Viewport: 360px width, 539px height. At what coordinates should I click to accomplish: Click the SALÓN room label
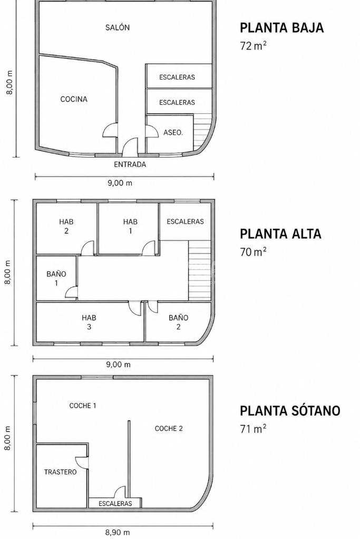(x=117, y=27)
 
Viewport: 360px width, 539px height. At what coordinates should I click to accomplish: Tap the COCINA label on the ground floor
(x=74, y=100)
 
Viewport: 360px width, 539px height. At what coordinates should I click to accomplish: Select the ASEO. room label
(x=173, y=132)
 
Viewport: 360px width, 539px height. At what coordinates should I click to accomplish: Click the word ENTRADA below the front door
(x=130, y=164)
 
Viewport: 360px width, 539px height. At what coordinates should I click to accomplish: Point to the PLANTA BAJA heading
(x=281, y=28)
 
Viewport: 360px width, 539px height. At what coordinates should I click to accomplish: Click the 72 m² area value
(x=254, y=46)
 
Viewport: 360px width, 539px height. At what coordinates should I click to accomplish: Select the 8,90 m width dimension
(x=118, y=533)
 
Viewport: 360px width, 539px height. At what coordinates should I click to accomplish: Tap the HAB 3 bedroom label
(x=89, y=322)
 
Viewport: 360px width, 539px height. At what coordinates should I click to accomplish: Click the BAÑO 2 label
(x=179, y=322)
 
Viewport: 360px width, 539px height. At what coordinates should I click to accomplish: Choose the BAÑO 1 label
(x=56, y=278)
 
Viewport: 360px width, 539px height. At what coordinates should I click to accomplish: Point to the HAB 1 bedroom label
(x=130, y=226)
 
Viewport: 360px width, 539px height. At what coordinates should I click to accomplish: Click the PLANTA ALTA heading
(x=280, y=234)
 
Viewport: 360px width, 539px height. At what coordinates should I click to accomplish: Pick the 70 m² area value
(x=254, y=252)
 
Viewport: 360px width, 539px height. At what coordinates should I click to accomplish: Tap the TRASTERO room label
(x=60, y=472)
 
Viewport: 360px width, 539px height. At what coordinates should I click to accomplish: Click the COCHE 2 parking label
(x=169, y=428)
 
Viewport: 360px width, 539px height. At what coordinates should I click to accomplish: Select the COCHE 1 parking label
(x=83, y=406)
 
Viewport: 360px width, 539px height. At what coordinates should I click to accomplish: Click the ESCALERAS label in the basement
(x=115, y=504)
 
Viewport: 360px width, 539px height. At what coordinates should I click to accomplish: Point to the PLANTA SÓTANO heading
(x=290, y=410)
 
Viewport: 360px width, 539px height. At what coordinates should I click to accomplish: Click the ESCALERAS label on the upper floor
(x=186, y=222)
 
